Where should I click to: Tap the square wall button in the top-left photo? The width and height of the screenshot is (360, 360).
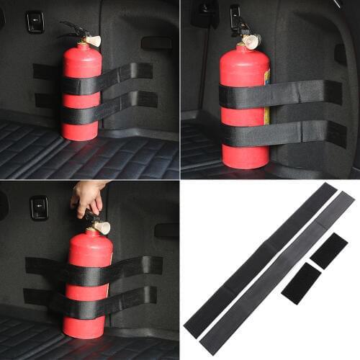point(35,22)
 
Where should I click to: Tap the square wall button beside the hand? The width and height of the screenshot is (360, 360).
point(39,207)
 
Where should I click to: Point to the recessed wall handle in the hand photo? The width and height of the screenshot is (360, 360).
point(166,230)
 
